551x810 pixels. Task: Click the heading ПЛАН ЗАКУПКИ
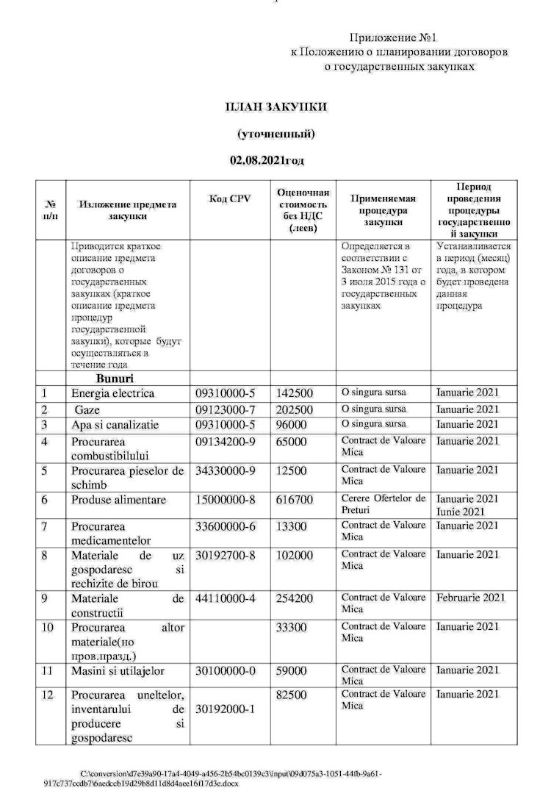[x=275, y=107]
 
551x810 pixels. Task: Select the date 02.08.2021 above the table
[x=267, y=160]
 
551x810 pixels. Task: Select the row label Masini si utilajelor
[x=118, y=670]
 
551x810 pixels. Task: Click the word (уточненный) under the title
[x=275, y=134]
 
